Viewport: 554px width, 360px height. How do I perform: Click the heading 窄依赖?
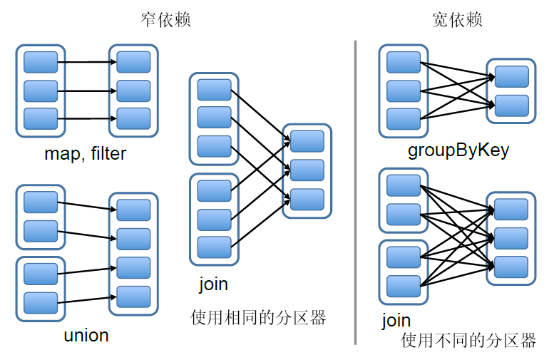(x=166, y=20)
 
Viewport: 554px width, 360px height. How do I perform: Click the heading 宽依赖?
(x=458, y=20)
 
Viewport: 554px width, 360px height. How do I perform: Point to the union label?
(x=86, y=334)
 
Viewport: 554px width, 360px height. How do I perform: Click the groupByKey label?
(x=458, y=150)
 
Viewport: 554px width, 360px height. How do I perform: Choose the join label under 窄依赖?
(x=213, y=284)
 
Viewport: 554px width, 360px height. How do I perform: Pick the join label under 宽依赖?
(x=396, y=320)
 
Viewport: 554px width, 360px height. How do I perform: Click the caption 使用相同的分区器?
(x=258, y=317)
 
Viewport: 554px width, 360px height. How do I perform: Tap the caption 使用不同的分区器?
(x=468, y=340)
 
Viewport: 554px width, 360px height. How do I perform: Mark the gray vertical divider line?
(x=355, y=192)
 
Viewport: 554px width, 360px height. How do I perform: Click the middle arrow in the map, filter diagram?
(x=87, y=91)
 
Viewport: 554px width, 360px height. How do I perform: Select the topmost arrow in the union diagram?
(x=87, y=206)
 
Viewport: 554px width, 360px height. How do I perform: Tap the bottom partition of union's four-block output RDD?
(x=133, y=296)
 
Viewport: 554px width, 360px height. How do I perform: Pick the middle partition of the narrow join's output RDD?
(x=307, y=170)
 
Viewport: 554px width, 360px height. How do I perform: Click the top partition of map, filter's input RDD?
(x=41, y=62)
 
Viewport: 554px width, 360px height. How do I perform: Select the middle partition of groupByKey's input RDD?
(x=404, y=91)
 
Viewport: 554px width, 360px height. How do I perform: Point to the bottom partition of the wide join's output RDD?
(x=511, y=267)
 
